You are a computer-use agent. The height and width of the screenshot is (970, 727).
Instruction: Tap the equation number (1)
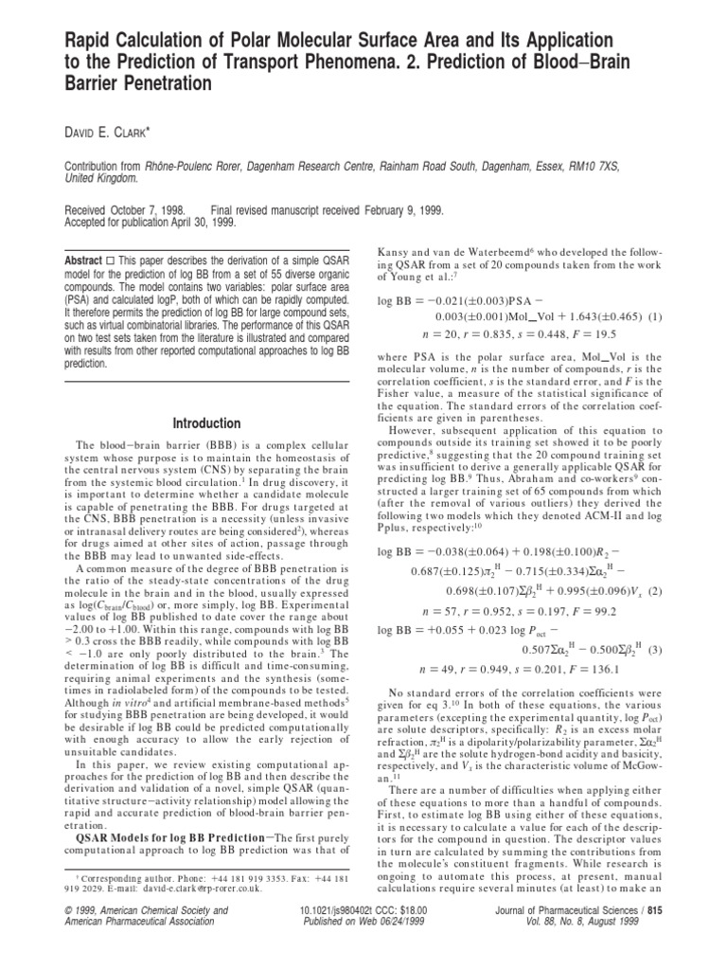[655, 315]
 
